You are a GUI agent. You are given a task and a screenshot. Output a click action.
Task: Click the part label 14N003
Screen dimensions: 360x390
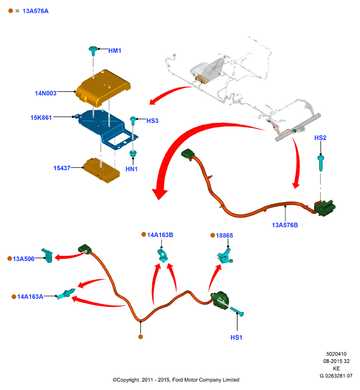point(46,93)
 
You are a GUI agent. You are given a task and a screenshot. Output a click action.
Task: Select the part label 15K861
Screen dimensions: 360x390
point(41,118)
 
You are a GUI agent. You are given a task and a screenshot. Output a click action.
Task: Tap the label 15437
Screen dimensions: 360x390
point(62,168)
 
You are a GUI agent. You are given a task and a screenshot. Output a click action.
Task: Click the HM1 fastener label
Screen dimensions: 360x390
point(114,51)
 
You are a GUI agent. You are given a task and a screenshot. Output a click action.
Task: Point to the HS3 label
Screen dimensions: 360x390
point(152,121)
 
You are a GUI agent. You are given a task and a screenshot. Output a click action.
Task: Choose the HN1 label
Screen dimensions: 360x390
point(132,169)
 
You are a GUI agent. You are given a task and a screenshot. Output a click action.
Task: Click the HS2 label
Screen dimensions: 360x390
point(320,138)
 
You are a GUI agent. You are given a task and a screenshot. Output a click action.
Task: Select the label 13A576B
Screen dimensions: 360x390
point(285,225)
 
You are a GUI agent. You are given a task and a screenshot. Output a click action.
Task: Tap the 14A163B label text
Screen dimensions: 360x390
point(160,235)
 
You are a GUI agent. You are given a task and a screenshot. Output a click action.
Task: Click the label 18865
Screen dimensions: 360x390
point(224,236)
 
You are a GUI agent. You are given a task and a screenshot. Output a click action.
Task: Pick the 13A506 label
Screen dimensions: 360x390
point(23,259)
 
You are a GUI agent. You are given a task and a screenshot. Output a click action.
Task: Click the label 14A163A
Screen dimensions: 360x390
point(30,297)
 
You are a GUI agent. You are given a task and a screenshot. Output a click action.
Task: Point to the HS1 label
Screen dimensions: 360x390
point(236,338)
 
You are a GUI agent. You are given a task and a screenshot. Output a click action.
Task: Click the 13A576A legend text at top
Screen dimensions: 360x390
point(35,11)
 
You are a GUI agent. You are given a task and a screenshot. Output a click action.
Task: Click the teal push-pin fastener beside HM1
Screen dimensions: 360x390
point(93,51)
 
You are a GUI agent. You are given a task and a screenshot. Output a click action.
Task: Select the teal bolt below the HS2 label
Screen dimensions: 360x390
point(321,163)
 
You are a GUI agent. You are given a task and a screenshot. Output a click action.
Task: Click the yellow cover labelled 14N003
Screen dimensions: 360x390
point(103,88)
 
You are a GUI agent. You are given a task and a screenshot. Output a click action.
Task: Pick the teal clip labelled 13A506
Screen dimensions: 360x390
point(47,255)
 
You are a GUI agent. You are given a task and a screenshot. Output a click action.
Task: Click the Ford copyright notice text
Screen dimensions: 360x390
point(176,380)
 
